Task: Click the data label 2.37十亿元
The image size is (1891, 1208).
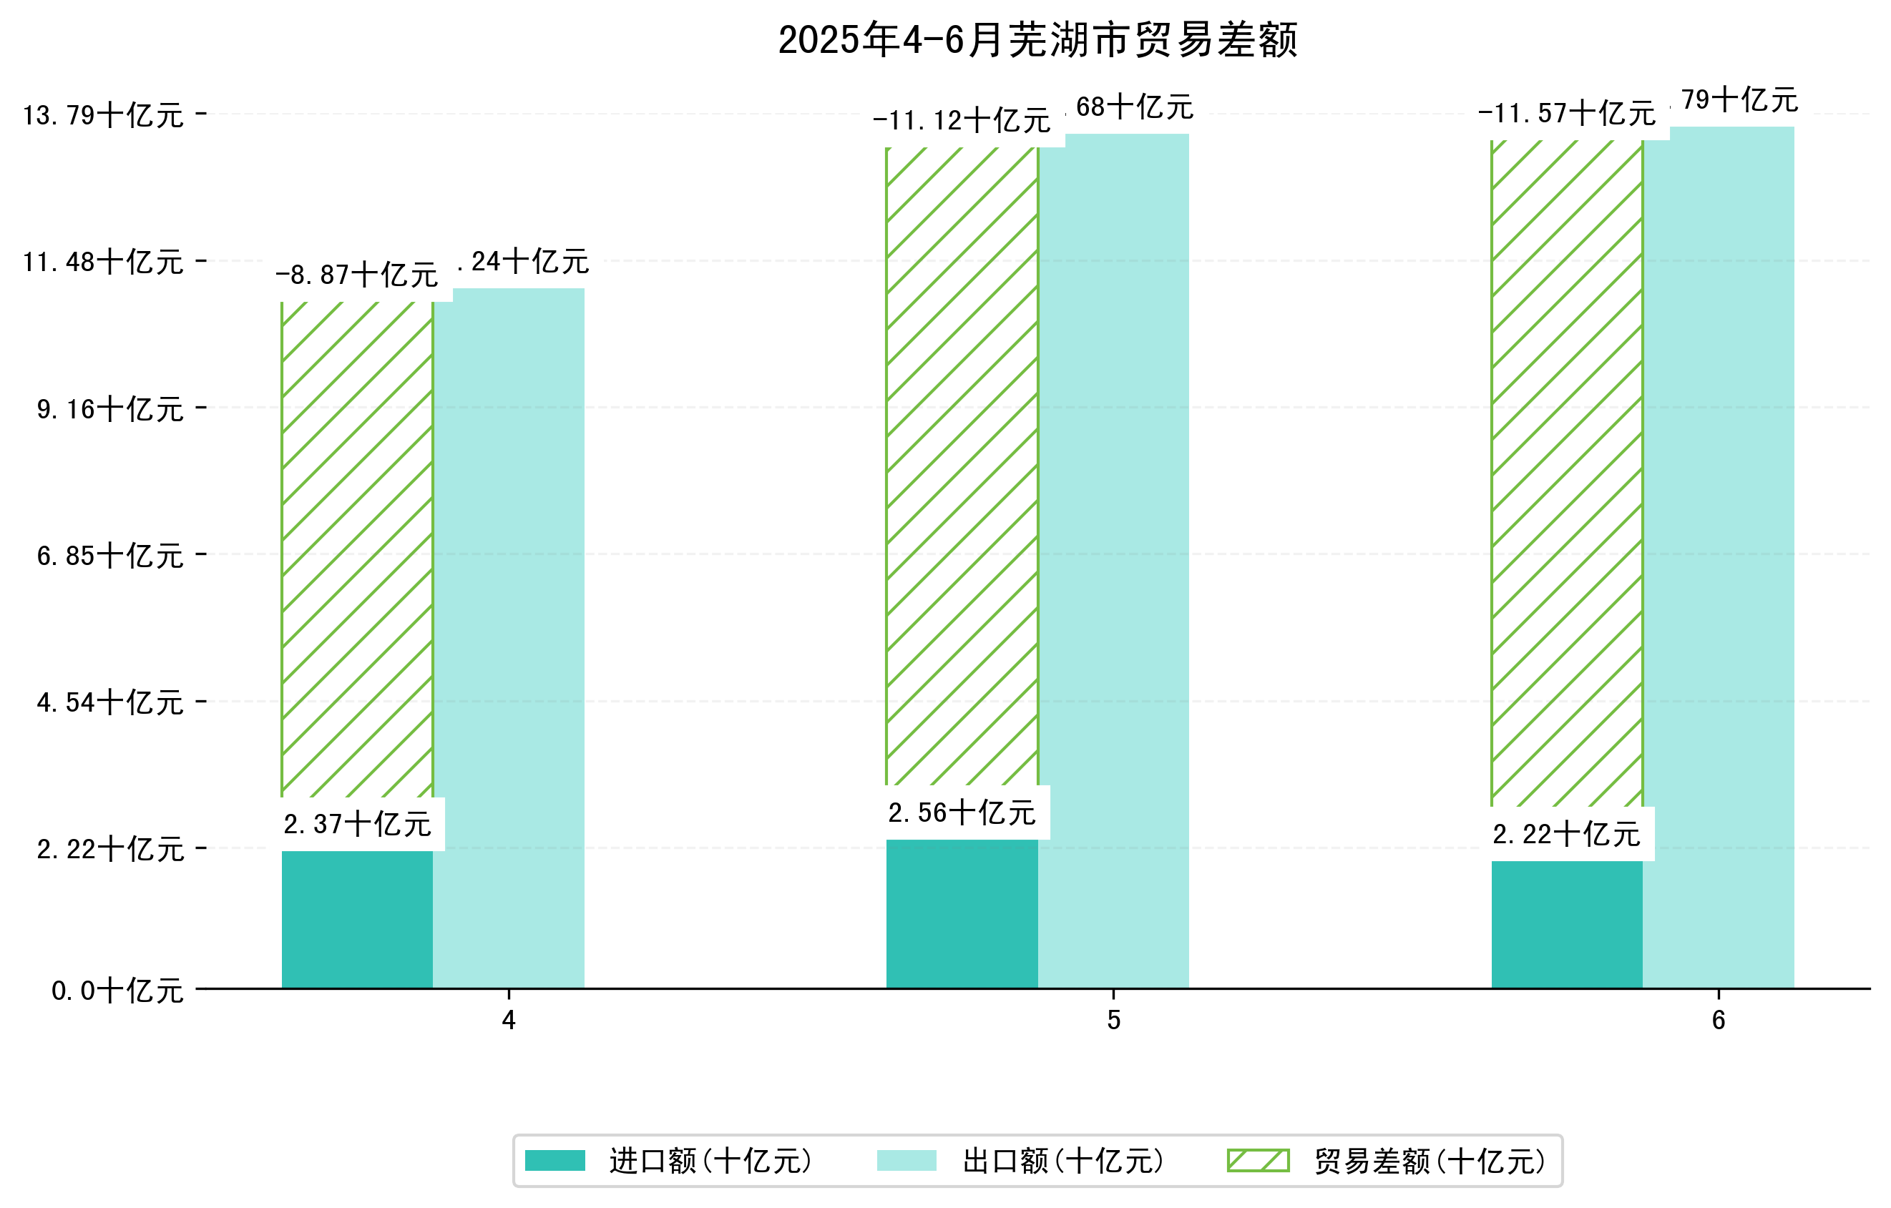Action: point(357,824)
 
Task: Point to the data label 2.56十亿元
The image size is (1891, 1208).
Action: point(962,812)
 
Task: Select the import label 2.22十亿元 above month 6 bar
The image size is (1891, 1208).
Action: point(1566,834)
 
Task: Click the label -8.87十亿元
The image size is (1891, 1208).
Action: point(356,275)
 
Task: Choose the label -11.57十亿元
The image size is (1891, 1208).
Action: point(1566,113)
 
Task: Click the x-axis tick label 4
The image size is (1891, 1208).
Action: point(509,1021)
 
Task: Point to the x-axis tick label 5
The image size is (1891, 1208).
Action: point(1113,1021)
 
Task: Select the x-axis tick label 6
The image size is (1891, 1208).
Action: point(1719,1021)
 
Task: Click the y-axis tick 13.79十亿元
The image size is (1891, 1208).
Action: point(103,115)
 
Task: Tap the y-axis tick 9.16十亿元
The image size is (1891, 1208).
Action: point(110,409)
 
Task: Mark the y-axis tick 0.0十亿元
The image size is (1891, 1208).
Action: point(117,991)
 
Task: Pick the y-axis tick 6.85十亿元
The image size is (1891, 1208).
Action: point(110,556)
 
